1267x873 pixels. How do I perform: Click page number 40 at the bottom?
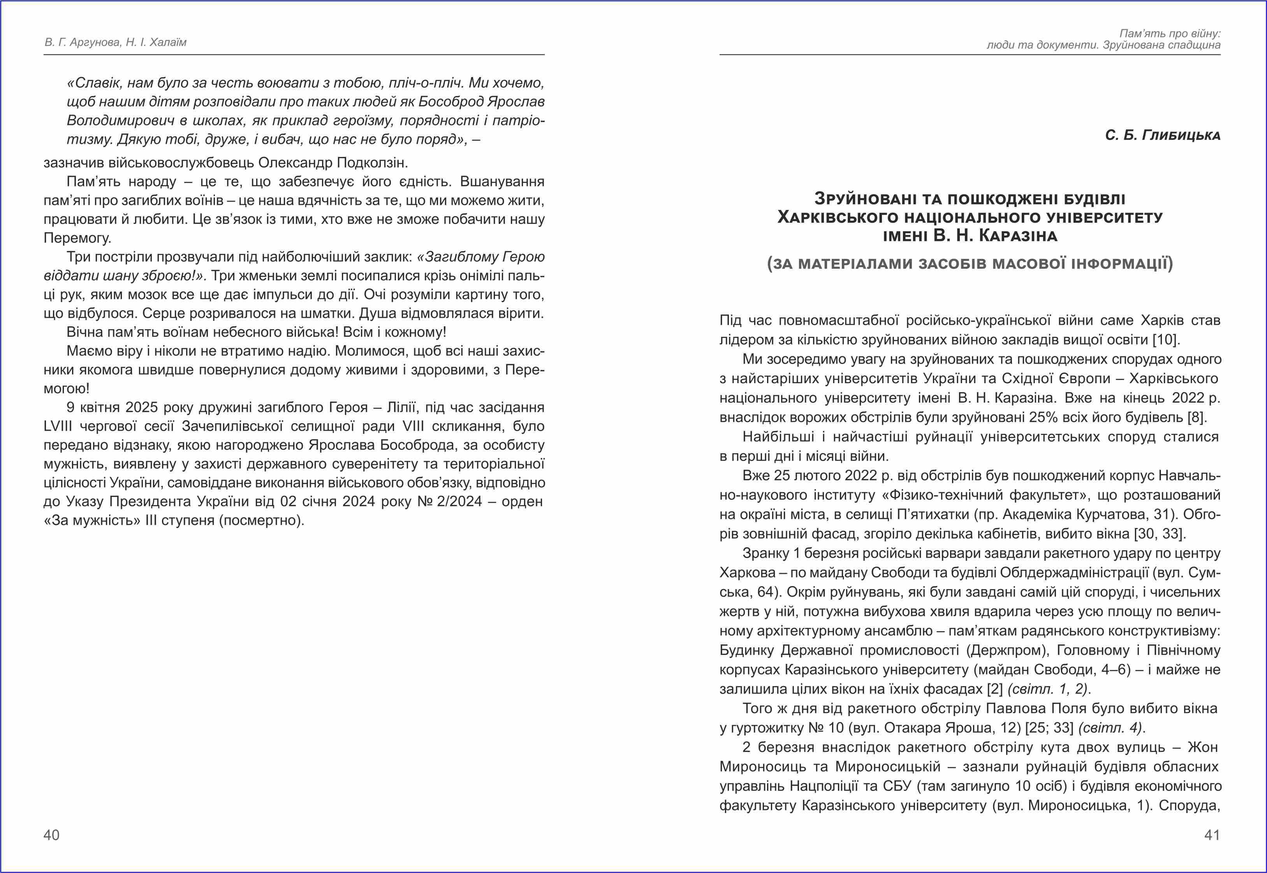(51, 835)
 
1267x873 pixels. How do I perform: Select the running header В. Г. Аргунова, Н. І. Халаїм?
(115, 42)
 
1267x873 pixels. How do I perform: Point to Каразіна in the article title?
(1018, 236)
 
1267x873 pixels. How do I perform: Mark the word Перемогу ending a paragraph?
(77, 238)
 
